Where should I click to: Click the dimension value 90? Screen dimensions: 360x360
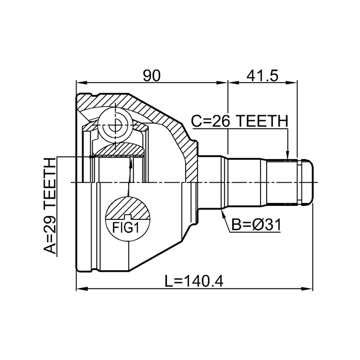point(151,76)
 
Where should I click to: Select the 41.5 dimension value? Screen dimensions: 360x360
point(263,76)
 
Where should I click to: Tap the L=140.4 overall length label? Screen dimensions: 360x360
point(194,281)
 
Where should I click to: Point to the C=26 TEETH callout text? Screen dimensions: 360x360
point(240,121)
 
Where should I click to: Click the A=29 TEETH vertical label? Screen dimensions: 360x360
point(50,206)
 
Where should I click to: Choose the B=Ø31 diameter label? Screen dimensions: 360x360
point(256,224)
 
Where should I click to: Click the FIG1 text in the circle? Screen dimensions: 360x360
point(125,228)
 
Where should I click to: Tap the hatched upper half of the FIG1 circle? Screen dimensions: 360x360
point(128,208)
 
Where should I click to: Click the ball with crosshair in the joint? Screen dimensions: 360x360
point(115,125)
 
